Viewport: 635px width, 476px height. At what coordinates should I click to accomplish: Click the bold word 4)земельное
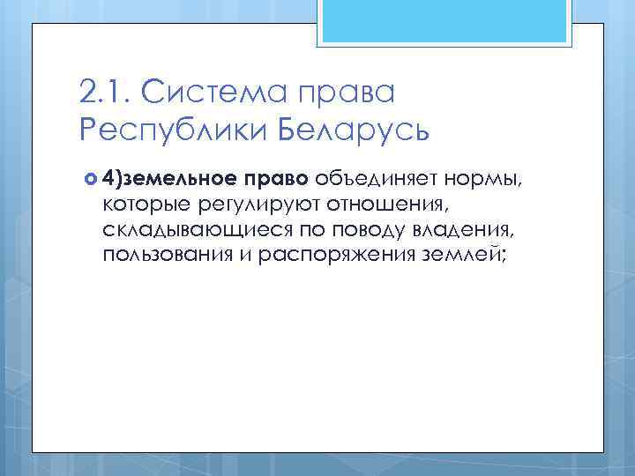tap(167, 181)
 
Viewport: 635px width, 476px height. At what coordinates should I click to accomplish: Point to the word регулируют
tap(249, 205)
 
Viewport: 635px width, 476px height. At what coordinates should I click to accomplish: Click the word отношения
tap(375, 205)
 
